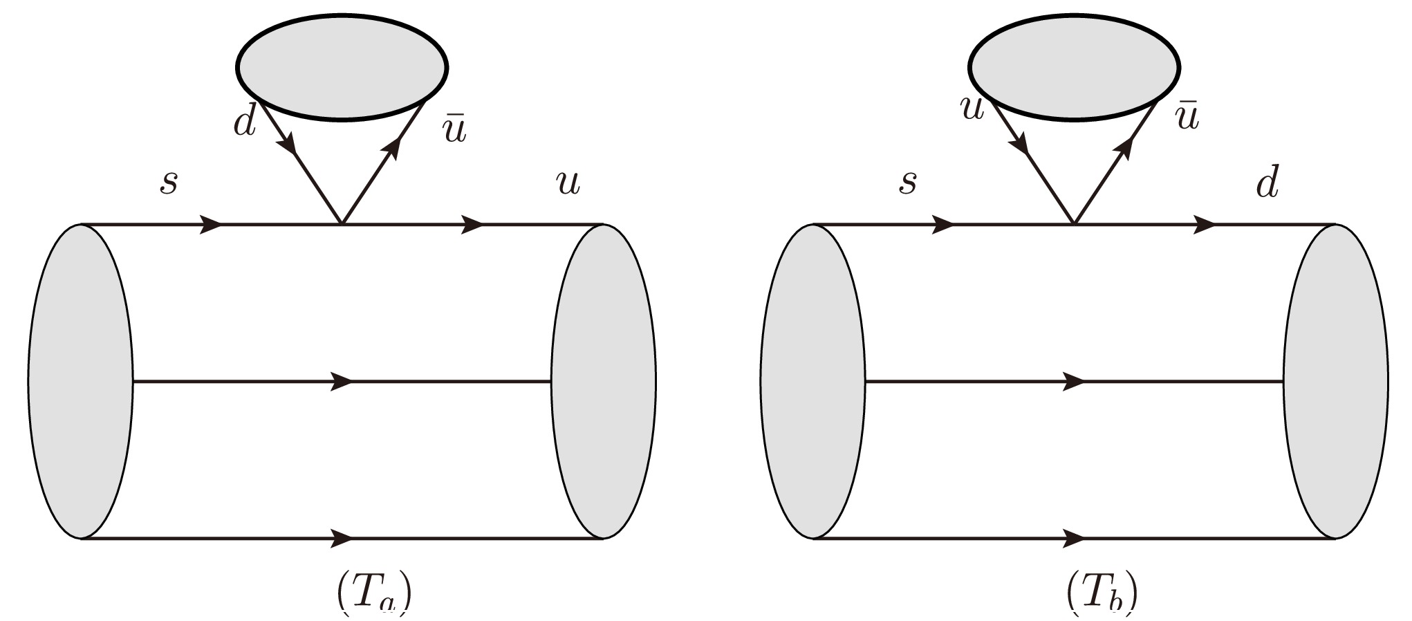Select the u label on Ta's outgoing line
pos(568,184)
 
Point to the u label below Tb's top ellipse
pos(972,109)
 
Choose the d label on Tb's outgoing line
pos(1267,183)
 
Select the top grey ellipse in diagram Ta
pos(342,67)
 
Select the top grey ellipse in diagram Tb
pos(1075,67)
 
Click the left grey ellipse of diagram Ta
pos(81,381)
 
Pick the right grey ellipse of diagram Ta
pos(603,381)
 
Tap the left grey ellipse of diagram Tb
pos(813,381)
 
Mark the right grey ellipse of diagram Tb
pos(1335,381)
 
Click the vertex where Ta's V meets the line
pos(342,224)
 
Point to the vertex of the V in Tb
pos(1074,224)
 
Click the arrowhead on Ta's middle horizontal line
pos(342,381)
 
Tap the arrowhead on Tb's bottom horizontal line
pos(1074,537)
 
